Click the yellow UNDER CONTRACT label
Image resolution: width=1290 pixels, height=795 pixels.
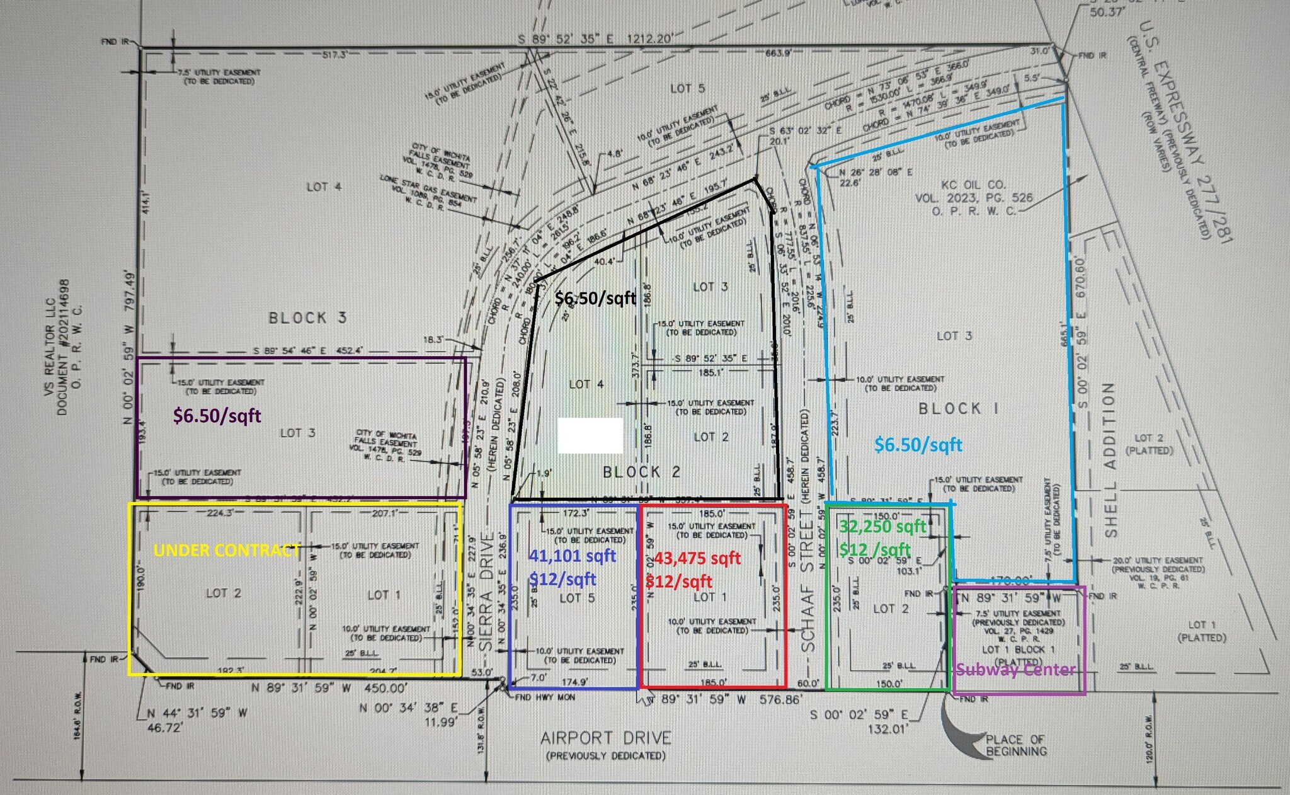point(226,550)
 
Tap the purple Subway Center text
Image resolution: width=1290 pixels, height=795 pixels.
point(1015,669)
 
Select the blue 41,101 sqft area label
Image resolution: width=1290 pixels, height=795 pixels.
point(572,556)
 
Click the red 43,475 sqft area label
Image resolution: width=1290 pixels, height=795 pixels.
point(697,558)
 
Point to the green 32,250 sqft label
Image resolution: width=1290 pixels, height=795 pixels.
point(882,527)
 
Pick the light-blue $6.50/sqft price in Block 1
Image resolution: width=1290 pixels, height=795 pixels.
point(918,445)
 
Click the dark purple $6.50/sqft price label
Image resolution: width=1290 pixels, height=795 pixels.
point(217,415)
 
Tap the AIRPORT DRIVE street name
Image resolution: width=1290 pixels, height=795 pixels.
point(605,738)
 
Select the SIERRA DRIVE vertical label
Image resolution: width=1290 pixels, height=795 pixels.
point(486,592)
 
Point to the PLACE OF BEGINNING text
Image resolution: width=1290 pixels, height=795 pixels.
point(1016,745)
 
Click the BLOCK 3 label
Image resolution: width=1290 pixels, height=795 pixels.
point(307,317)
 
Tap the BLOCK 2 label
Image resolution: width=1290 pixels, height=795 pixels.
point(641,472)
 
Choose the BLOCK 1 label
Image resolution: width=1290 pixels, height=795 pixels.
point(958,409)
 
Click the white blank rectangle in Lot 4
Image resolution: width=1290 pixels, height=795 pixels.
point(590,435)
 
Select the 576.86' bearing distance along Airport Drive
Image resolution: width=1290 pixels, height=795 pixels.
point(780,699)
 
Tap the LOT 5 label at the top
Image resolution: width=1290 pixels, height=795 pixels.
point(687,89)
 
